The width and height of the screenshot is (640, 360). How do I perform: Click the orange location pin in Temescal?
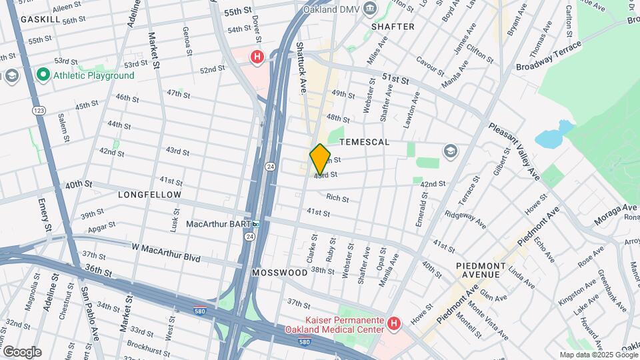320,159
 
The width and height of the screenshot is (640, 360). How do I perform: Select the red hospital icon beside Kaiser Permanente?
393,324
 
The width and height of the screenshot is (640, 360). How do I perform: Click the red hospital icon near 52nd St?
257,57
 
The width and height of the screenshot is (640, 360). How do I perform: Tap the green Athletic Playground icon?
44,75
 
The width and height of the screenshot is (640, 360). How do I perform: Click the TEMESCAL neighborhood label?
364,143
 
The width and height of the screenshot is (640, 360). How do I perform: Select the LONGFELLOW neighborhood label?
149,195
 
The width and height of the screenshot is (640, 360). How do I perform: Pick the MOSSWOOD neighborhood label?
279,273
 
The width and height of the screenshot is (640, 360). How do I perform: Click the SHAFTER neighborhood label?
393,27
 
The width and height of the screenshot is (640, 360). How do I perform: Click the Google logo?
21,351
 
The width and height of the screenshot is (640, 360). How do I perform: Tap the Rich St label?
337,197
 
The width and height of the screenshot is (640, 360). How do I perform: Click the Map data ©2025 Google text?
598,355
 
